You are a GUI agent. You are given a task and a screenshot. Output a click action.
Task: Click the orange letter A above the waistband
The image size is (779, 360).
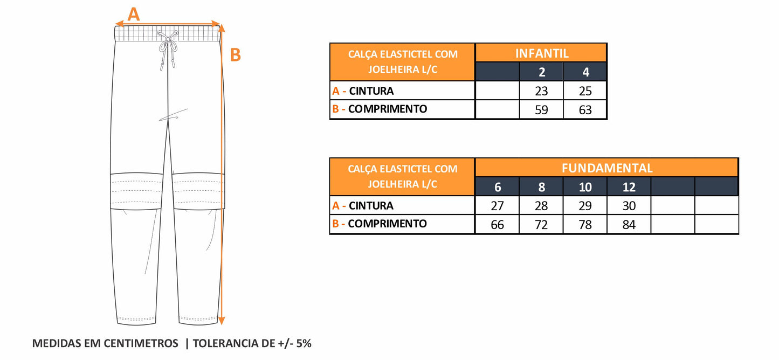tap(134, 14)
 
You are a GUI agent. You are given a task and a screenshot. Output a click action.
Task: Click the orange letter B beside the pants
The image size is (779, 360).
tap(236, 55)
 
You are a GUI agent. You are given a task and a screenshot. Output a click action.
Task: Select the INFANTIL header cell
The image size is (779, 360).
tap(541, 53)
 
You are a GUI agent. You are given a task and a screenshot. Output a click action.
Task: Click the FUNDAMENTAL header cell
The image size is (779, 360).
tap(606, 168)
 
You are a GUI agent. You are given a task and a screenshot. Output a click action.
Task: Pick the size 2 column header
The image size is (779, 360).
tap(541, 72)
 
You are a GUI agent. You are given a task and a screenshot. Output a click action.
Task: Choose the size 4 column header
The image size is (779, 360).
tap(585, 72)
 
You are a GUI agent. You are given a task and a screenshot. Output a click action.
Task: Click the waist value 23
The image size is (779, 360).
tap(541, 91)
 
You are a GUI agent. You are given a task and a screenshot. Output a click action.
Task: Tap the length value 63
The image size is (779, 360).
tap(585, 110)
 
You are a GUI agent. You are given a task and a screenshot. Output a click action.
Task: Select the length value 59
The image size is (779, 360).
tap(541, 110)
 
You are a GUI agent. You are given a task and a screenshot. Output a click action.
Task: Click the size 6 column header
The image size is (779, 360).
tap(497, 187)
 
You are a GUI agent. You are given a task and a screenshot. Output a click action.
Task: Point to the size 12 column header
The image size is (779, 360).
tap(629, 187)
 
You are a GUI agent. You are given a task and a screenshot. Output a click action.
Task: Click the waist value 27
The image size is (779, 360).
tap(497, 206)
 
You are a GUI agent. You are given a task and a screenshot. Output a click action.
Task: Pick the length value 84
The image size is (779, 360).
tap(629, 225)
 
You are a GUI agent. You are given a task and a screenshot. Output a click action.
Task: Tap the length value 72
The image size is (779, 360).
tap(541, 225)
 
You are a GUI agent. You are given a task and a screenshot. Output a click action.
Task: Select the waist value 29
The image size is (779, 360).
tap(585, 206)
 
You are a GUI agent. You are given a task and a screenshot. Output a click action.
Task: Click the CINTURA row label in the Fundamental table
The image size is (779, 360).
tap(371, 205)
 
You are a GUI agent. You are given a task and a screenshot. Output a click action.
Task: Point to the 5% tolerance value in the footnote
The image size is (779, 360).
tap(302, 343)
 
